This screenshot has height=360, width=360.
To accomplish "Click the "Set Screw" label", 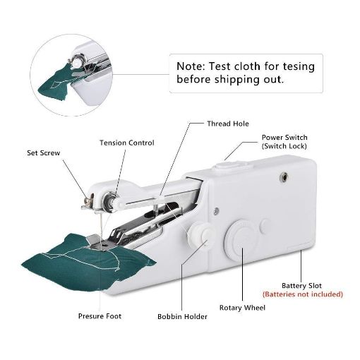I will [44, 152].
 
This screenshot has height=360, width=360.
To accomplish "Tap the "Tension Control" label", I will [126, 143].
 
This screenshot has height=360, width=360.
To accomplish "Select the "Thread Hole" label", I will [227, 124].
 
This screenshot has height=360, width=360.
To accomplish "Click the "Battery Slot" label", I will [302, 285].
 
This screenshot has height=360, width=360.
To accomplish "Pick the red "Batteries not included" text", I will [302, 294].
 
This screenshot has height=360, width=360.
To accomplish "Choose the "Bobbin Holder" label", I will [182, 316].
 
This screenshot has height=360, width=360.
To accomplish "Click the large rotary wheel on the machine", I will [241, 238].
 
